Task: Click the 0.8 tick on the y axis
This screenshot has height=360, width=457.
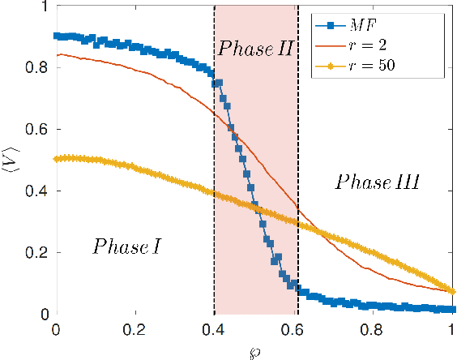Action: pos(37,68)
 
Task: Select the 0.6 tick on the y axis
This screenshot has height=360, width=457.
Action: pos(37,130)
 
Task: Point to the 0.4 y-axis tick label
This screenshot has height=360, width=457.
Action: pos(37,191)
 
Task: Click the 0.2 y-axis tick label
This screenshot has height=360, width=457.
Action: pos(37,253)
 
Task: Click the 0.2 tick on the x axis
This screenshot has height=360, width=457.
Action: pos(135,332)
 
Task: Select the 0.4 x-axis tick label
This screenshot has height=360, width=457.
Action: pos(214,332)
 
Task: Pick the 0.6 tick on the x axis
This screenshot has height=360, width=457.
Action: pos(293,332)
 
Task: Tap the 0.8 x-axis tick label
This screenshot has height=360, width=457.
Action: pos(373,332)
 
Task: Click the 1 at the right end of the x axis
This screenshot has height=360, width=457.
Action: pos(452,332)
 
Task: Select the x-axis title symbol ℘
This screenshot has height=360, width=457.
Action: pos(254,352)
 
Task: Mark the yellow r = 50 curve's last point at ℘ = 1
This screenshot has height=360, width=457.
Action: pos(452,291)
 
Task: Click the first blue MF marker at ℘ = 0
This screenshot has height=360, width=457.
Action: pos(56,36)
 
